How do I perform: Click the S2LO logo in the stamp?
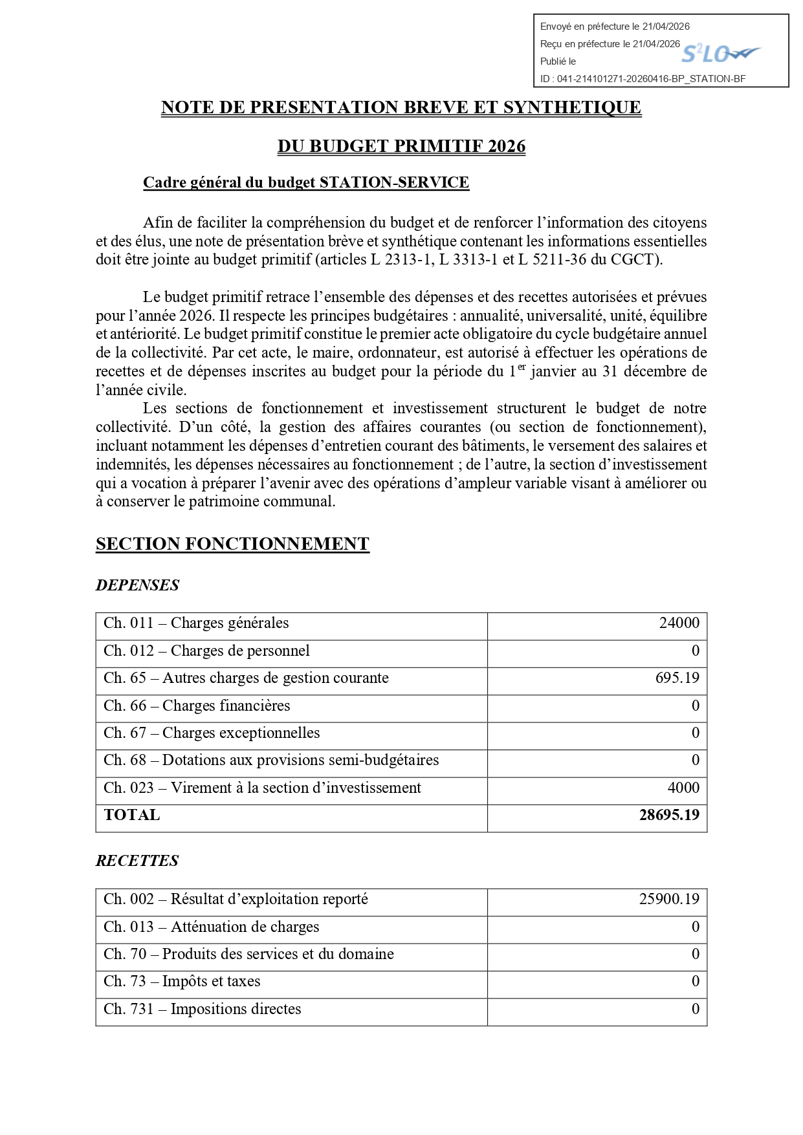(x=720, y=54)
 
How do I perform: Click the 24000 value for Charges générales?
(x=679, y=623)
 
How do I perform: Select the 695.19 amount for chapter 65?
(x=677, y=678)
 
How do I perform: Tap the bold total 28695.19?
(x=669, y=815)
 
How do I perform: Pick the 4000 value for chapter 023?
(x=683, y=788)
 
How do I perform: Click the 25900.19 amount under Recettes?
(x=669, y=899)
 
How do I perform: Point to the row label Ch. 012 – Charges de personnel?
(x=206, y=651)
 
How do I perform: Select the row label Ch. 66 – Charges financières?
(x=197, y=706)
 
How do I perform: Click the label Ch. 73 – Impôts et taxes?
(x=182, y=981)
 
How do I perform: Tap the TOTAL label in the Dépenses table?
(x=132, y=815)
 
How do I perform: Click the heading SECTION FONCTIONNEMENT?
(x=232, y=544)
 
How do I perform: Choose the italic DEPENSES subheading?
(x=137, y=585)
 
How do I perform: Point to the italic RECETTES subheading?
(x=137, y=861)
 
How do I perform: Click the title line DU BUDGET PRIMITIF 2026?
(x=401, y=146)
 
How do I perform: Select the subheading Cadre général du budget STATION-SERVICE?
(x=305, y=183)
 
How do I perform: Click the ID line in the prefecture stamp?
(x=643, y=79)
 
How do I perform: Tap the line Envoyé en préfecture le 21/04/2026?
(x=615, y=27)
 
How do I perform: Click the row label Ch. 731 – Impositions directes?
(x=202, y=1009)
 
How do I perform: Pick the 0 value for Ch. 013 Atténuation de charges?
(x=696, y=927)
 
